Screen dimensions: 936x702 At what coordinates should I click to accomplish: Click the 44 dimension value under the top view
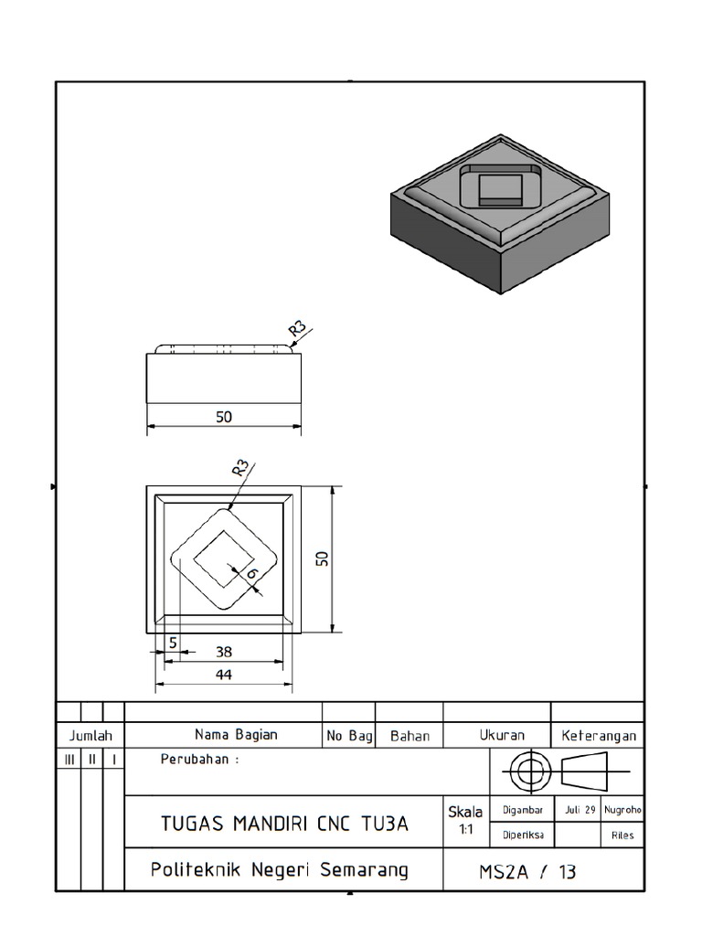coord(224,675)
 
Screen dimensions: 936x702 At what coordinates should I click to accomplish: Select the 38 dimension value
coord(224,652)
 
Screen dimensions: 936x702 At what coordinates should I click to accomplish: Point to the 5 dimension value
coord(172,643)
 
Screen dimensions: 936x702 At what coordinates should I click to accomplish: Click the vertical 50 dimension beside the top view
coord(322,558)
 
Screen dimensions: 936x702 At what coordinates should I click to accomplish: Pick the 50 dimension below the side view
coord(224,417)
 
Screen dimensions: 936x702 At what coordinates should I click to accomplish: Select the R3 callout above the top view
coord(240,468)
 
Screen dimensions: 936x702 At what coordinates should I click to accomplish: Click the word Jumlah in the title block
coord(90,735)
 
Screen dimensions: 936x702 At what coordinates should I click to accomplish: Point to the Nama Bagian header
coord(236,734)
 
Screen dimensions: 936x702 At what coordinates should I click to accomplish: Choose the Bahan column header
coord(409,735)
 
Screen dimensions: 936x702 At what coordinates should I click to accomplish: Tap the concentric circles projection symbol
coord(526,772)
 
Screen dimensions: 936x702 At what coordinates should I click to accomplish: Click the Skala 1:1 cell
coord(466,820)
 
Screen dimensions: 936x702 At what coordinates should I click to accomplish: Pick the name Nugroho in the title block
coord(622,809)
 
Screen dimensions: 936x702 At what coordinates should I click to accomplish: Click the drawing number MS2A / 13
coord(527,872)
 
